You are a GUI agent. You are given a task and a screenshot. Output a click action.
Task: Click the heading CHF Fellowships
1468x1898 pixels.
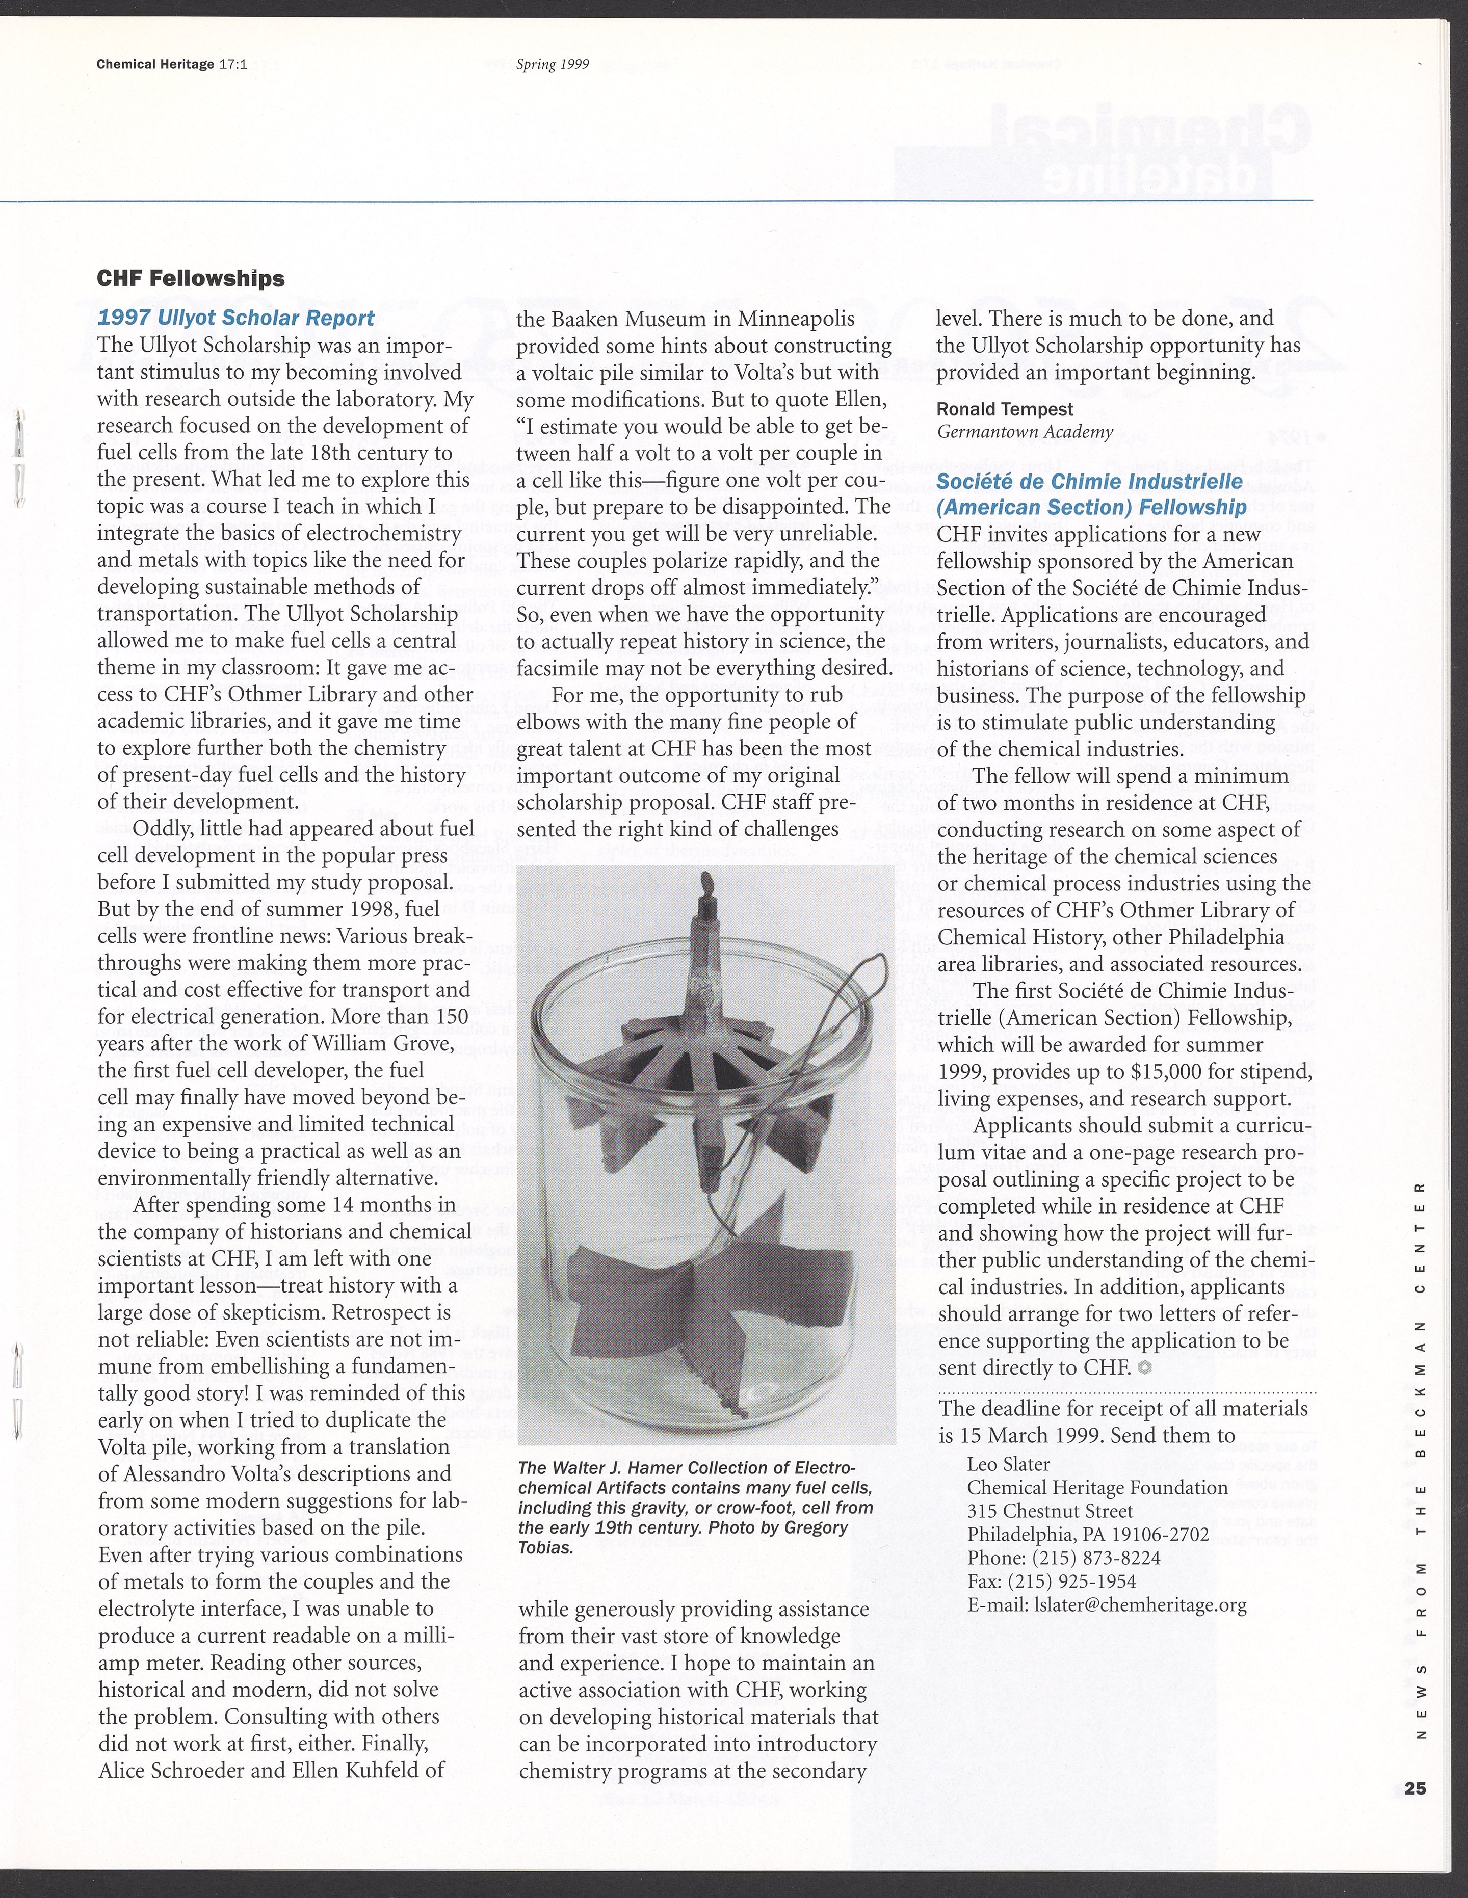(191, 278)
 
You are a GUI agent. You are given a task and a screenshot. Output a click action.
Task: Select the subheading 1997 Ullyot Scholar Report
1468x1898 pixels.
(237, 318)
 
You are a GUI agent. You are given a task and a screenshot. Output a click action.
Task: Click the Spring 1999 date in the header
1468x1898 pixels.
(553, 63)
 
